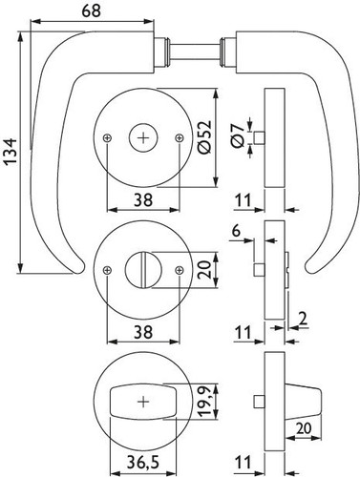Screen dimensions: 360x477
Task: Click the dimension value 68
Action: [x=92, y=10]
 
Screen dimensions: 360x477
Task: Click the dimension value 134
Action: [x=11, y=152]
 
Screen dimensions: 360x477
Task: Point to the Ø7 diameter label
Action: [x=238, y=136]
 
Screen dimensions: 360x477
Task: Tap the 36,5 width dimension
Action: [x=143, y=462]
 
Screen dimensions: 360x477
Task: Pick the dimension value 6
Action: [x=236, y=231]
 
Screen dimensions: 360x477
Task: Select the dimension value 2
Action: [x=304, y=319]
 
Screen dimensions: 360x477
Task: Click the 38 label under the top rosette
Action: [x=143, y=200]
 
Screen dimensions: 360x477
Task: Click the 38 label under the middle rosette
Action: [x=143, y=332]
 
